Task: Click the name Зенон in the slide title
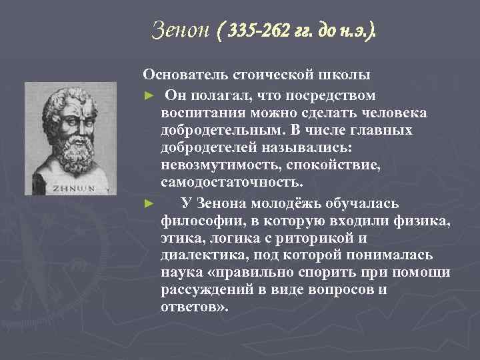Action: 180,30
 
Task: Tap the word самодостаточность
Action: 231,181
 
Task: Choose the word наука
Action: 181,273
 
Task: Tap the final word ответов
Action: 194,307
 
